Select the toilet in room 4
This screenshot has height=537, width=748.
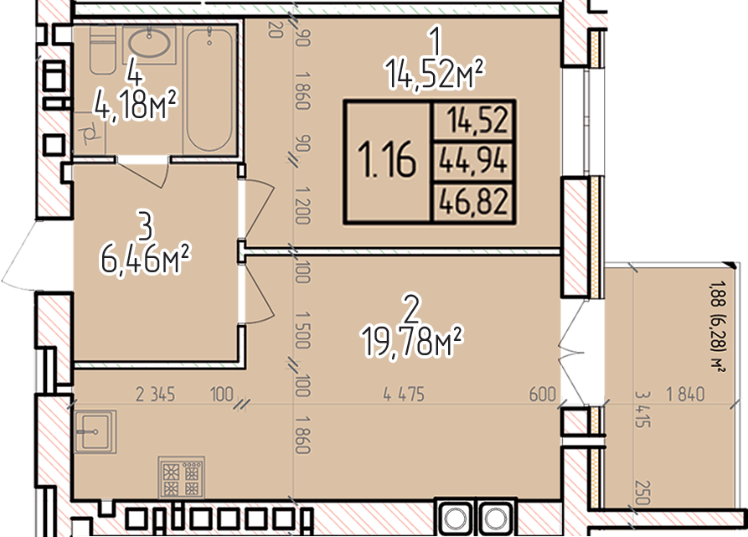(x=102, y=49)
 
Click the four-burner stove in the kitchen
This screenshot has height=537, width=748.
(x=181, y=477)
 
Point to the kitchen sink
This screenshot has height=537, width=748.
(x=95, y=431)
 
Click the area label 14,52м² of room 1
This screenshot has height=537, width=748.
(x=435, y=74)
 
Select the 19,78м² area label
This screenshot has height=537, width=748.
(x=413, y=341)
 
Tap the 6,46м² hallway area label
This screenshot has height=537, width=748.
(x=145, y=259)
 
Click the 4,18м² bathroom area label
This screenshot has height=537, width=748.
(x=136, y=105)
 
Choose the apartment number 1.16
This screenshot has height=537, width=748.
(x=387, y=161)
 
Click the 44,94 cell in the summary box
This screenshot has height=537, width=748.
(x=472, y=161)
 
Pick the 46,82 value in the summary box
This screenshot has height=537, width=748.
(x=472, y=201)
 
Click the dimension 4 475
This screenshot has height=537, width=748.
(x=404, y=395)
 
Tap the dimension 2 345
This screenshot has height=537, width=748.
(x=156, y=395)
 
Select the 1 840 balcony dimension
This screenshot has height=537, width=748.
(x=685, y=394)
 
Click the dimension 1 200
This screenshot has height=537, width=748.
(x=303, y=205)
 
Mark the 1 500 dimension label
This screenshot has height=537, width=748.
(x=303, y=330)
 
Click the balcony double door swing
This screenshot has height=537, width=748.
(x=572, y=354)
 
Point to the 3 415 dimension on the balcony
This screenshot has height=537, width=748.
(x=642, y=409)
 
